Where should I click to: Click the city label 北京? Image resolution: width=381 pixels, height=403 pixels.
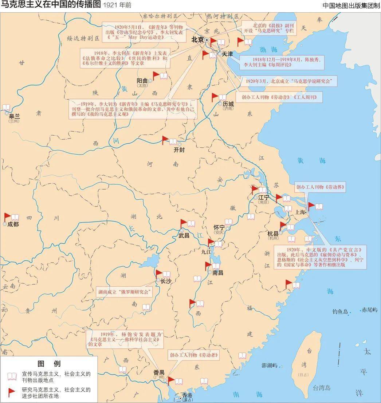[197, 40]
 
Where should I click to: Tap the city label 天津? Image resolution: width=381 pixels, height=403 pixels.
[227, 53]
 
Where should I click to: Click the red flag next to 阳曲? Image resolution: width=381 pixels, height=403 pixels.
[156, 75]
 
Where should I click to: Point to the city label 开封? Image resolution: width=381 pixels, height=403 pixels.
[179, 150]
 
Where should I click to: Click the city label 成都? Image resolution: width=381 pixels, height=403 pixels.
[13, 224]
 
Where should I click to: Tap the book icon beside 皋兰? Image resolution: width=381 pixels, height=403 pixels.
[6, 108]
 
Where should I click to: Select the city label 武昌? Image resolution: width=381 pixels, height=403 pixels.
[184, 235]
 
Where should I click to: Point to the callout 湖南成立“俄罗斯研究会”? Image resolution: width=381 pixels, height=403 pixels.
[124, 292]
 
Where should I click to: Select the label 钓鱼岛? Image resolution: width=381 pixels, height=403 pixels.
[340, 312]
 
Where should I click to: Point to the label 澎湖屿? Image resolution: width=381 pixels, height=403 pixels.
[270, 365]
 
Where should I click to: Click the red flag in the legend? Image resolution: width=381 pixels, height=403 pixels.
[12, 392]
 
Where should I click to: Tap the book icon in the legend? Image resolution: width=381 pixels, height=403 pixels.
[12, 376]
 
